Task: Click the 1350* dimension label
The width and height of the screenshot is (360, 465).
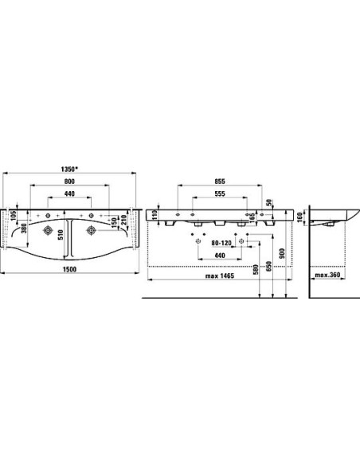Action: click(x=69, y=169)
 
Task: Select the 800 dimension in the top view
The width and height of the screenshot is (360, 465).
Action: click(x=69, y=182)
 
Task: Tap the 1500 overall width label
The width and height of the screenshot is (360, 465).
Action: click(x=69, y=269)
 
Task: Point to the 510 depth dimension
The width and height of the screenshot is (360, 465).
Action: click(x=61, y=235)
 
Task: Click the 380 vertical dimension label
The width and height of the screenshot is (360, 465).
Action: click(x=25, y=228)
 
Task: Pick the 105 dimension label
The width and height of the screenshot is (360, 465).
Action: click(x=13, y=215)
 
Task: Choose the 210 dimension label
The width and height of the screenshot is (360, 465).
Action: click(x=124, y=220)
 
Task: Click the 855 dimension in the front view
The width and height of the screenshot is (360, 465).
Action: click(x=220, y=182)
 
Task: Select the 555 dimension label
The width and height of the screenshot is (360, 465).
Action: click(x=220, y=193)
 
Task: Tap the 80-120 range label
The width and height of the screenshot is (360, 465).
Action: click(x=221, y=243)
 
